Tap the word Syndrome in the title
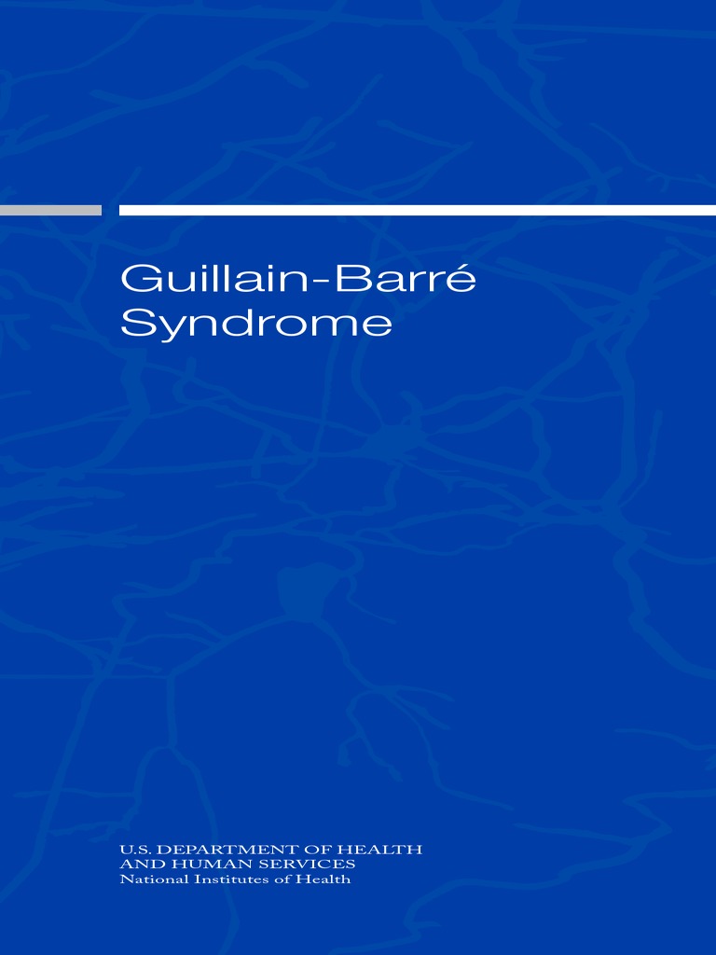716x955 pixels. point(256,324)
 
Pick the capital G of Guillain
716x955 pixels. point(136,281)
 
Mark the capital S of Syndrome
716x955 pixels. point(134,324)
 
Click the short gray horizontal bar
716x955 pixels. point(50,210)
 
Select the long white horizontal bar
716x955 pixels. point(417,210)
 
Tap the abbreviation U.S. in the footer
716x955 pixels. point(135,850)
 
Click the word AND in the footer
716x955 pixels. point(137,865)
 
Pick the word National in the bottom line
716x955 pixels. point(148,879)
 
